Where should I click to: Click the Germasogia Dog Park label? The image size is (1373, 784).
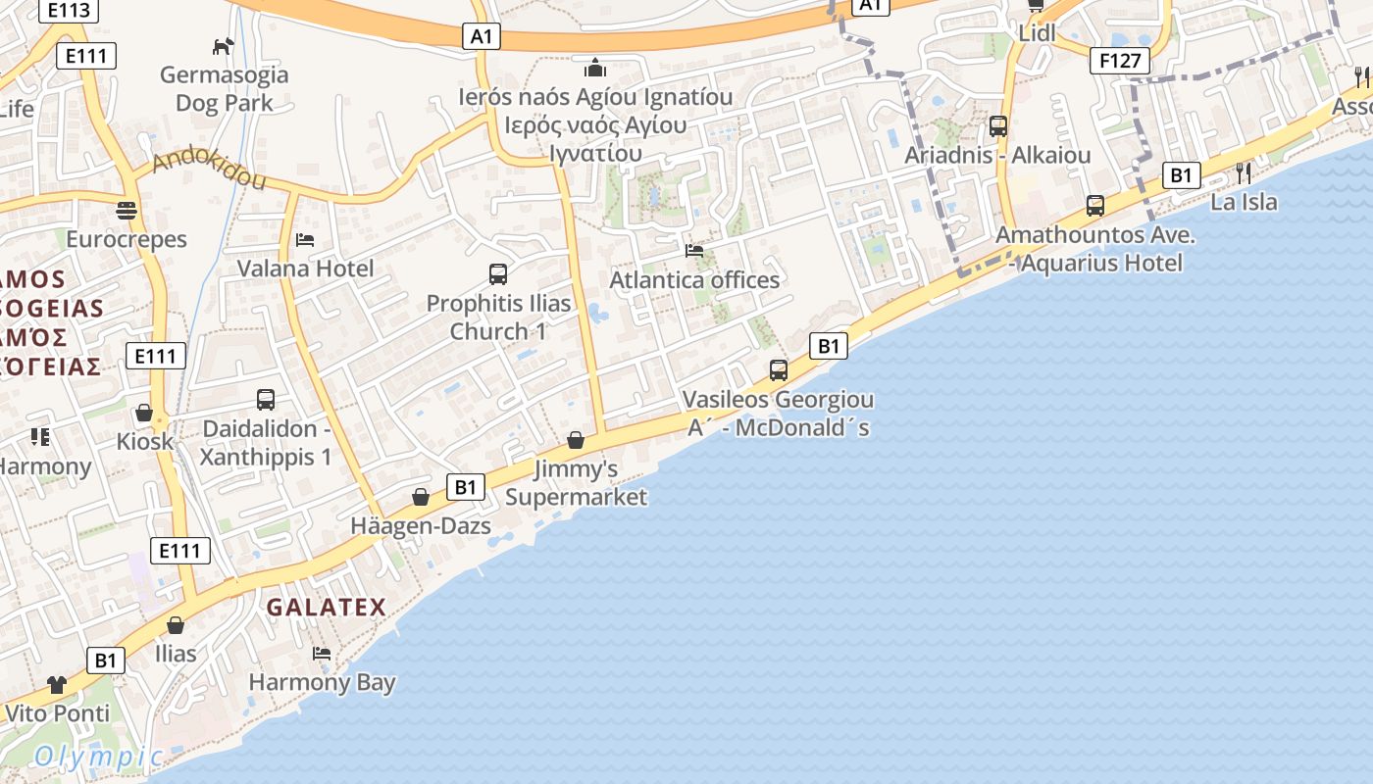[x=225, y=88]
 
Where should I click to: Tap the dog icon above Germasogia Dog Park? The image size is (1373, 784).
[x=224, y=46]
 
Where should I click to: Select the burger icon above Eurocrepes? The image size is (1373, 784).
[x=127, y=211]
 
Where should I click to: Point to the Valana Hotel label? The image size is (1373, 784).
[x=305, y=269]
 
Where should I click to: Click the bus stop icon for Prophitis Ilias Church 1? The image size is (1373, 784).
[x=498, y=274]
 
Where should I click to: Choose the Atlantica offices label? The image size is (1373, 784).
[x=694, y=280]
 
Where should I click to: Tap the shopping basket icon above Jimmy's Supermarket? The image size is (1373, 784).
[x=576, y=440]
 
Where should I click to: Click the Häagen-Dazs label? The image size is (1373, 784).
[x=421, y=526]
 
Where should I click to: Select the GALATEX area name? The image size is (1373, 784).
[x=327, y=607]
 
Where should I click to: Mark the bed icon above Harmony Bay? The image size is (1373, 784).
[x=322, y=654]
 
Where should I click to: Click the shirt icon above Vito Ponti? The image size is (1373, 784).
[x=57, y=685]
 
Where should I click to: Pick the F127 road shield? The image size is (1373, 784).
[x=1120, y=62]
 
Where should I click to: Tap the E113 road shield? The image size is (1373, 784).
[x=69, y=11]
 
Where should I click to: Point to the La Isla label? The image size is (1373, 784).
[x=1244, y=202]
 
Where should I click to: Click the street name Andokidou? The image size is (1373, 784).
[x=209, y=168]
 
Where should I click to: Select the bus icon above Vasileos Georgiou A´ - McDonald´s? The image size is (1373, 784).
[x=779, y=370]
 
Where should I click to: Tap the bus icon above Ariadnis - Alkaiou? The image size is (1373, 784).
[x=998, y=126]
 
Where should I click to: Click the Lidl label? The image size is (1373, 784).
[x=1038, y=32]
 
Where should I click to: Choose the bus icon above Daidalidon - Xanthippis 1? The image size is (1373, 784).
[x=266, y=400]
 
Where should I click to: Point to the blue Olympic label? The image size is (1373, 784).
[x=98, y=757]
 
